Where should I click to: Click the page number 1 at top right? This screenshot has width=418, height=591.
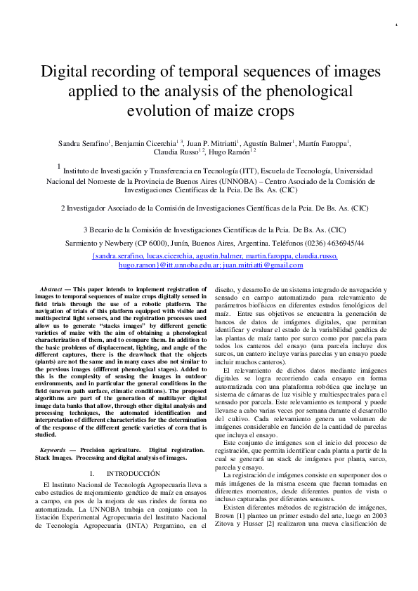(397, 27)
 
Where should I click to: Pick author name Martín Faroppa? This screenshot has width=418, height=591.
(331, 143)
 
